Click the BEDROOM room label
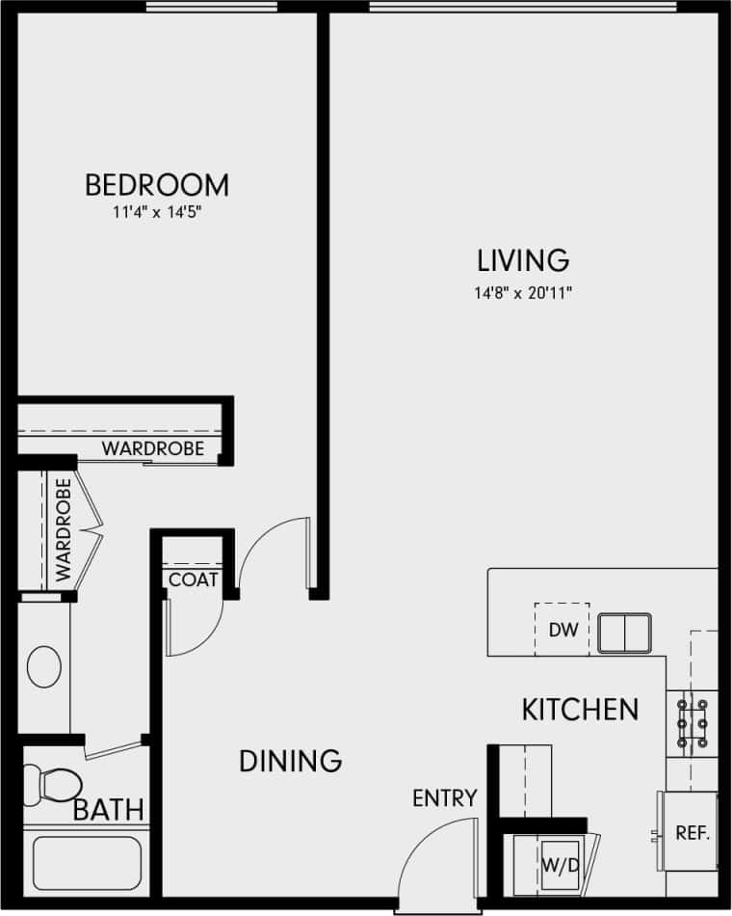[157, 183]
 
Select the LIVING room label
[524, 260]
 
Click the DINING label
[290, 761]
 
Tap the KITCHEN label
[580, 710]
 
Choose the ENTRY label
[445, 798]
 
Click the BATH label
[109, 810]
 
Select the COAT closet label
[193, 580]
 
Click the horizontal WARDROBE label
[153, 448]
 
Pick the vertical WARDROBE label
[64, 529]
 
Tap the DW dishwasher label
[562, 631]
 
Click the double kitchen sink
[624, 633]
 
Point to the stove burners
[692, 723]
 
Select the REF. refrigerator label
[693, 833]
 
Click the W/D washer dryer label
[560, 864]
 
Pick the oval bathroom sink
[44, 667]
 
